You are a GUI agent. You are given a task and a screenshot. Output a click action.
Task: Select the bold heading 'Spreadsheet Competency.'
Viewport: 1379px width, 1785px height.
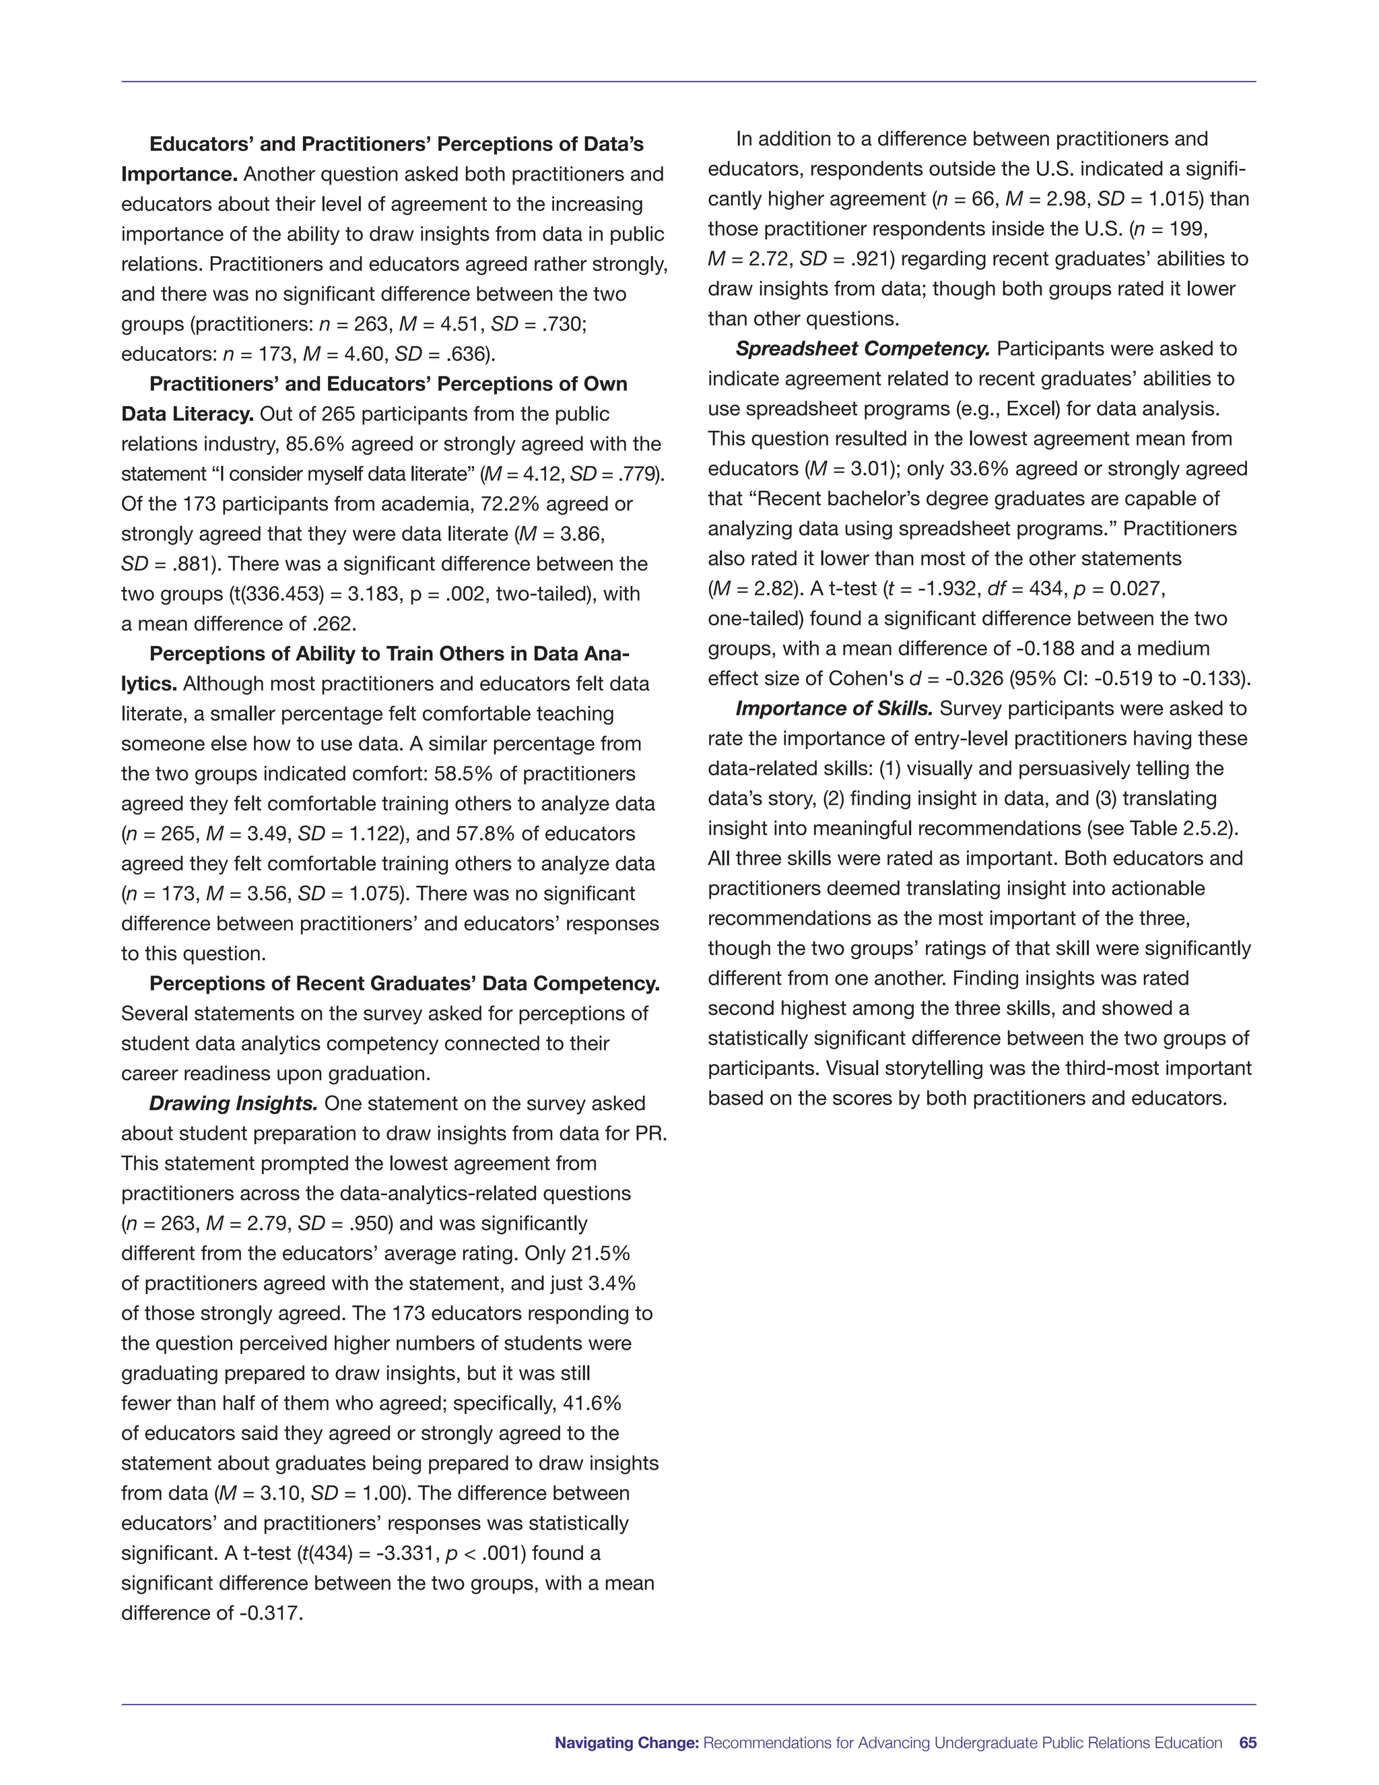click(x=862, y=349)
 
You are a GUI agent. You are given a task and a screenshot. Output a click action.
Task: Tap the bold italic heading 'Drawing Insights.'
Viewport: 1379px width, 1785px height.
click(x=233, y=1103)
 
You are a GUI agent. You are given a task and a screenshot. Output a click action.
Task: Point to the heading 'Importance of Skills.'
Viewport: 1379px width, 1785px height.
click(x=834, y=709)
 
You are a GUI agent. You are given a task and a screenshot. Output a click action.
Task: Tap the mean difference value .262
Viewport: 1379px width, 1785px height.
click(x=334, y=624)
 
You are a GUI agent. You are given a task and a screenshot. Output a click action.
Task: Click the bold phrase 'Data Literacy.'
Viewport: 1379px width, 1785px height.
click(x=187, y=414)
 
